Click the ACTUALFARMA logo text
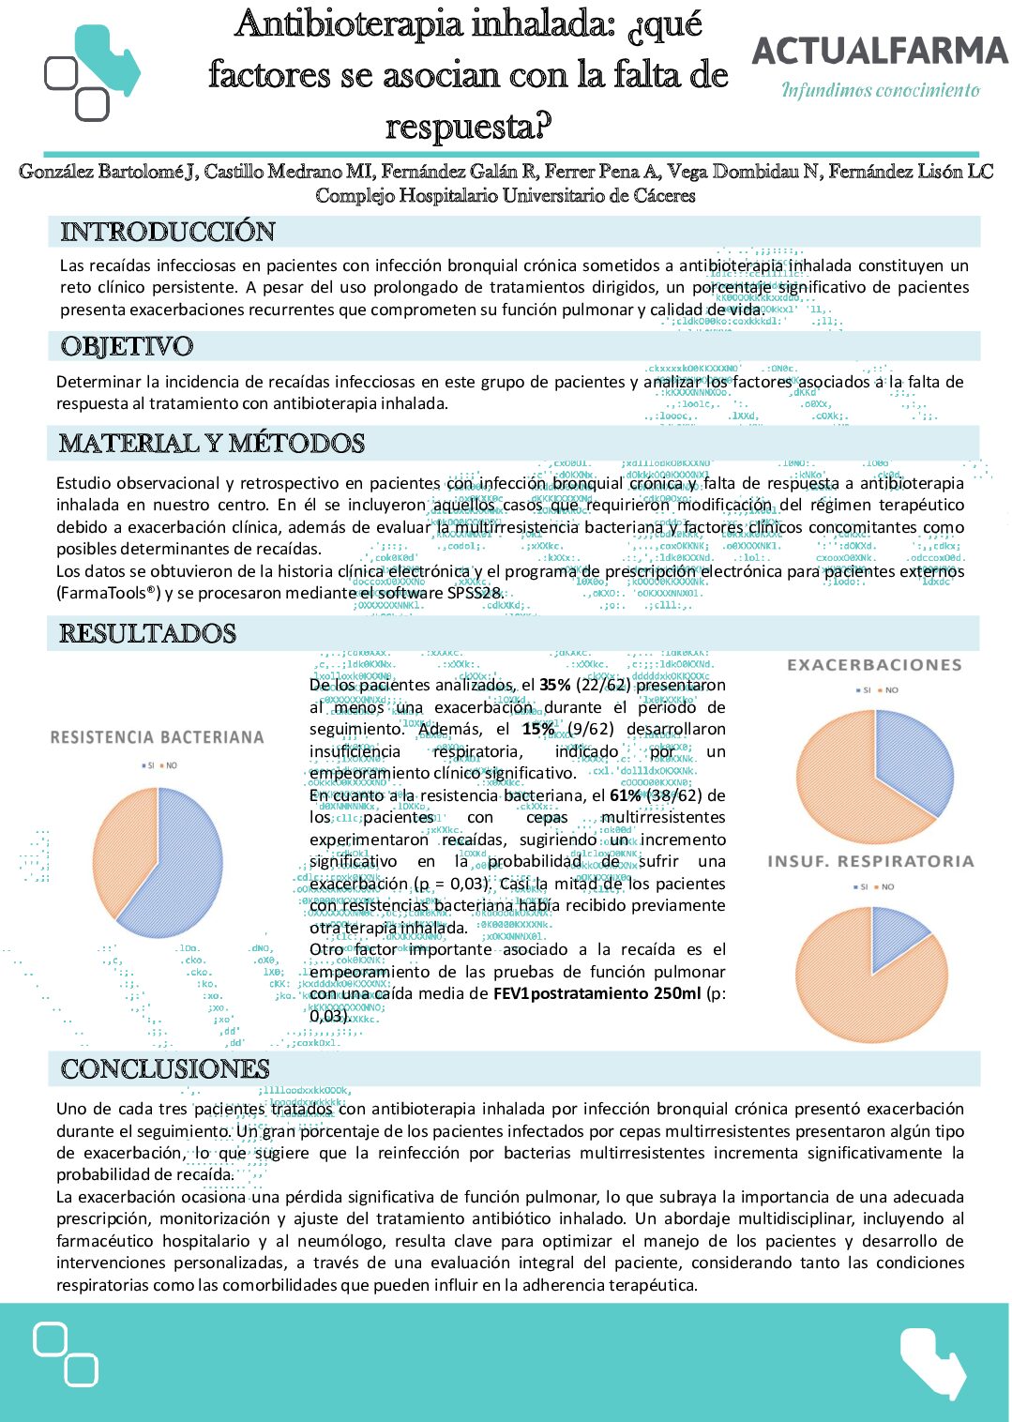click(880, 51)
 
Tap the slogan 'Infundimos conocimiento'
click(881, 90)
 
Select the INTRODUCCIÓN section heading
click(168, 232)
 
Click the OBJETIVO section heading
click(127, 346)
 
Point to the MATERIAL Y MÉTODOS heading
click(212, 443)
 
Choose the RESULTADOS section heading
click(148, 633)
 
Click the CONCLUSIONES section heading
click(165, 1068)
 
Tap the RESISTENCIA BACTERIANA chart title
click(157, 737)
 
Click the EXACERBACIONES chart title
click(874, 665)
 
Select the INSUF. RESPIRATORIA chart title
click(870, 861)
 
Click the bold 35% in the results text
click(555, 685)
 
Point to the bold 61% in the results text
click(626, 795)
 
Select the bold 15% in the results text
click(538, 729)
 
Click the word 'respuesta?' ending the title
click(468, 126)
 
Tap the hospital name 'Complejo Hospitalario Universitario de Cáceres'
click(506, 196)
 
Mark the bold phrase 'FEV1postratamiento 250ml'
click(597, 993)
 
